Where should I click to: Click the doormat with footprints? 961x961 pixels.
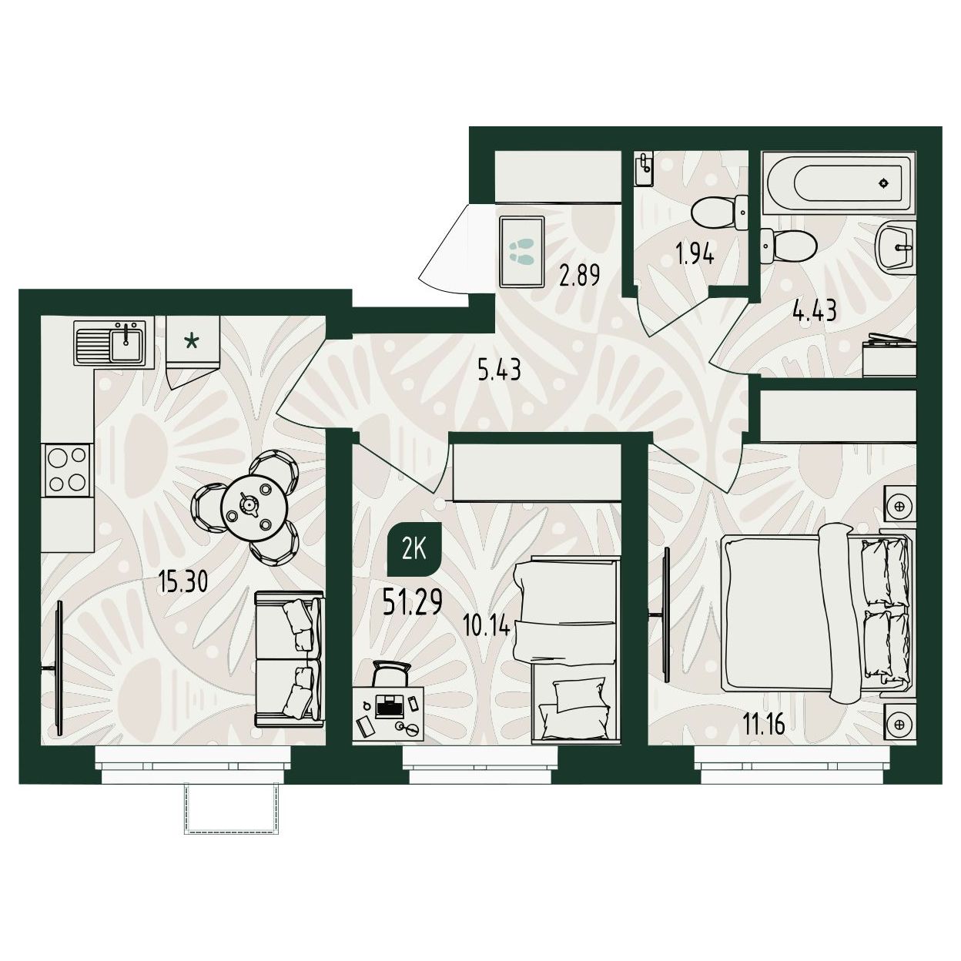pos(521,251)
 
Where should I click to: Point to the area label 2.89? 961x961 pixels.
pos(579,275)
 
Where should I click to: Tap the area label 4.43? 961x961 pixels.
pos(815,312)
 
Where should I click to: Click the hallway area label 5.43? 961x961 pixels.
pos(499,370)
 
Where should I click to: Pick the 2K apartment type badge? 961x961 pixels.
pos(414,553)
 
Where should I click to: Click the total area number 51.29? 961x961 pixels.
pos(413,604)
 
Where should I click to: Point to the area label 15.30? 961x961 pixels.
pos(182,581)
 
